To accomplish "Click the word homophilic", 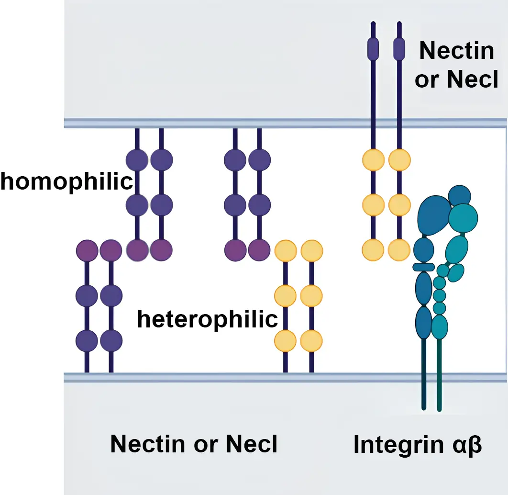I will pyautogui.click(x=66, y=182).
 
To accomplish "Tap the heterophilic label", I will pyautogui.click(x=207, y=319).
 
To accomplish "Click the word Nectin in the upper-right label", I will pyautogui.click(x=456, y=50).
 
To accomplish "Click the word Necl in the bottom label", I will pyautogui.click(x=252, y=444).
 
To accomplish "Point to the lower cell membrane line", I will pyautogui.click(x=239, y=377).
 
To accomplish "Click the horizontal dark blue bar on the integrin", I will pyautogui.click(x=423, y=267).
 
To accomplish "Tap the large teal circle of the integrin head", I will pyautogui.click(x=463, y=216).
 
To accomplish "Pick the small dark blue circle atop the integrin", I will pyautogui.click(x=460, y=195).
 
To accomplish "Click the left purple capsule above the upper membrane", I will pyautogui.click(x=373, y=48).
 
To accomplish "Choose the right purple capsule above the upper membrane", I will pyautogui.click(x=398, y=48).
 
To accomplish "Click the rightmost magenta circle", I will pyautogui.click(x=259, y=250).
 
